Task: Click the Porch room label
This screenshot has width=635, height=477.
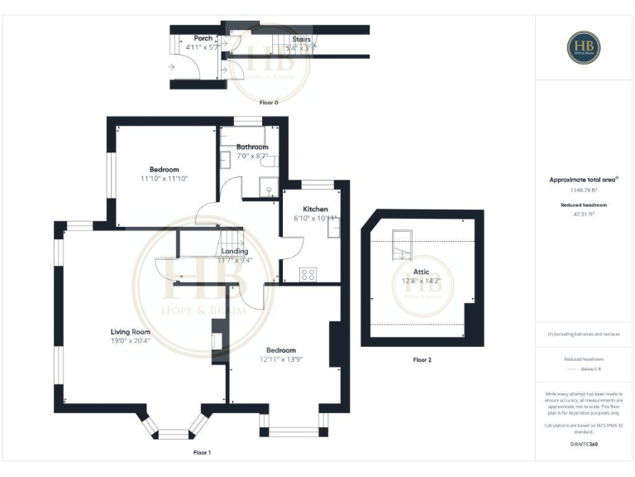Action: coord(203,38)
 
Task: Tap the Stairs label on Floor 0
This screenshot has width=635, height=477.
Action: coord(301,38)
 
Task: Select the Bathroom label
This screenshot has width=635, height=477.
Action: coord(252,147)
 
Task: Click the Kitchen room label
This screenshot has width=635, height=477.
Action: coord(316,209)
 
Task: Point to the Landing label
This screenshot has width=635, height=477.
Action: coord(235,251)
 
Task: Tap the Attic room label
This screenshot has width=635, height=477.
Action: coord(422,271)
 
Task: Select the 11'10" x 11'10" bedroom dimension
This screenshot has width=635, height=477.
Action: coord(165,179)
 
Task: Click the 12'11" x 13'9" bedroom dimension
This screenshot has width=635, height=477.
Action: coord(281,359)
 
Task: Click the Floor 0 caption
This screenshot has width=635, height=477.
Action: coord(269,103)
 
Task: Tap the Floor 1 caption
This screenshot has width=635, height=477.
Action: coord(202,453)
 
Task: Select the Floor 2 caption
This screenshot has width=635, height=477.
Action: coord(422,360)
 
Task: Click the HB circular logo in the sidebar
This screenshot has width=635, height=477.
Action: coord(584,47)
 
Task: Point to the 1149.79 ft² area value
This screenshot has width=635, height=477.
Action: coord(584,189)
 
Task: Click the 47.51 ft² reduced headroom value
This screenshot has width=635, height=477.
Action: coord(584,214)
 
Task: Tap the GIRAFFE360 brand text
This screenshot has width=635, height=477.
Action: coord(584,445)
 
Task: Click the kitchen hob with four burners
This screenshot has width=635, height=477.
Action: coord(308,272)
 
